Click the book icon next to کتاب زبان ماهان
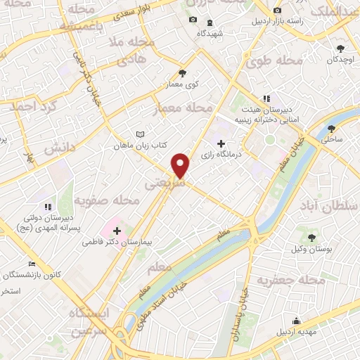[x=141, y=135]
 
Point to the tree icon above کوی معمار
[x=183, y=72]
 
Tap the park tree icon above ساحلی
[x=332, y=129]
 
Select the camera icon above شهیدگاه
[x=193, y=20]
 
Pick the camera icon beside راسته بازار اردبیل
[x=277, y=11]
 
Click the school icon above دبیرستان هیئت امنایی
[x=266, y=99]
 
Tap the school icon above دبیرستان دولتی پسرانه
[x=48, y=207]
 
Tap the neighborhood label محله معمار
[x=182, y=109]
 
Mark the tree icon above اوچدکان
[x=340, y=49]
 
